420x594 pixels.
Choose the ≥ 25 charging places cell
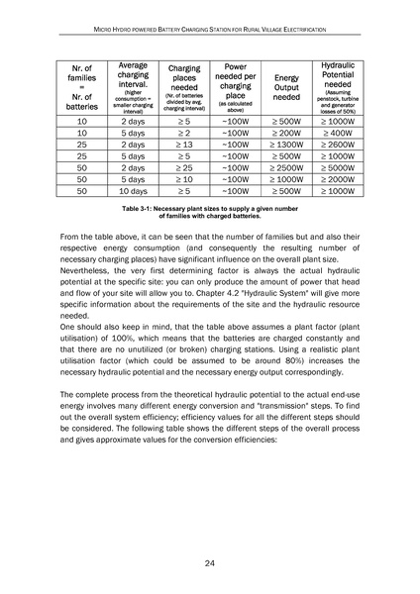[x=176, y=164]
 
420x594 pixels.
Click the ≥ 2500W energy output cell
[x=286, y=164]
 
